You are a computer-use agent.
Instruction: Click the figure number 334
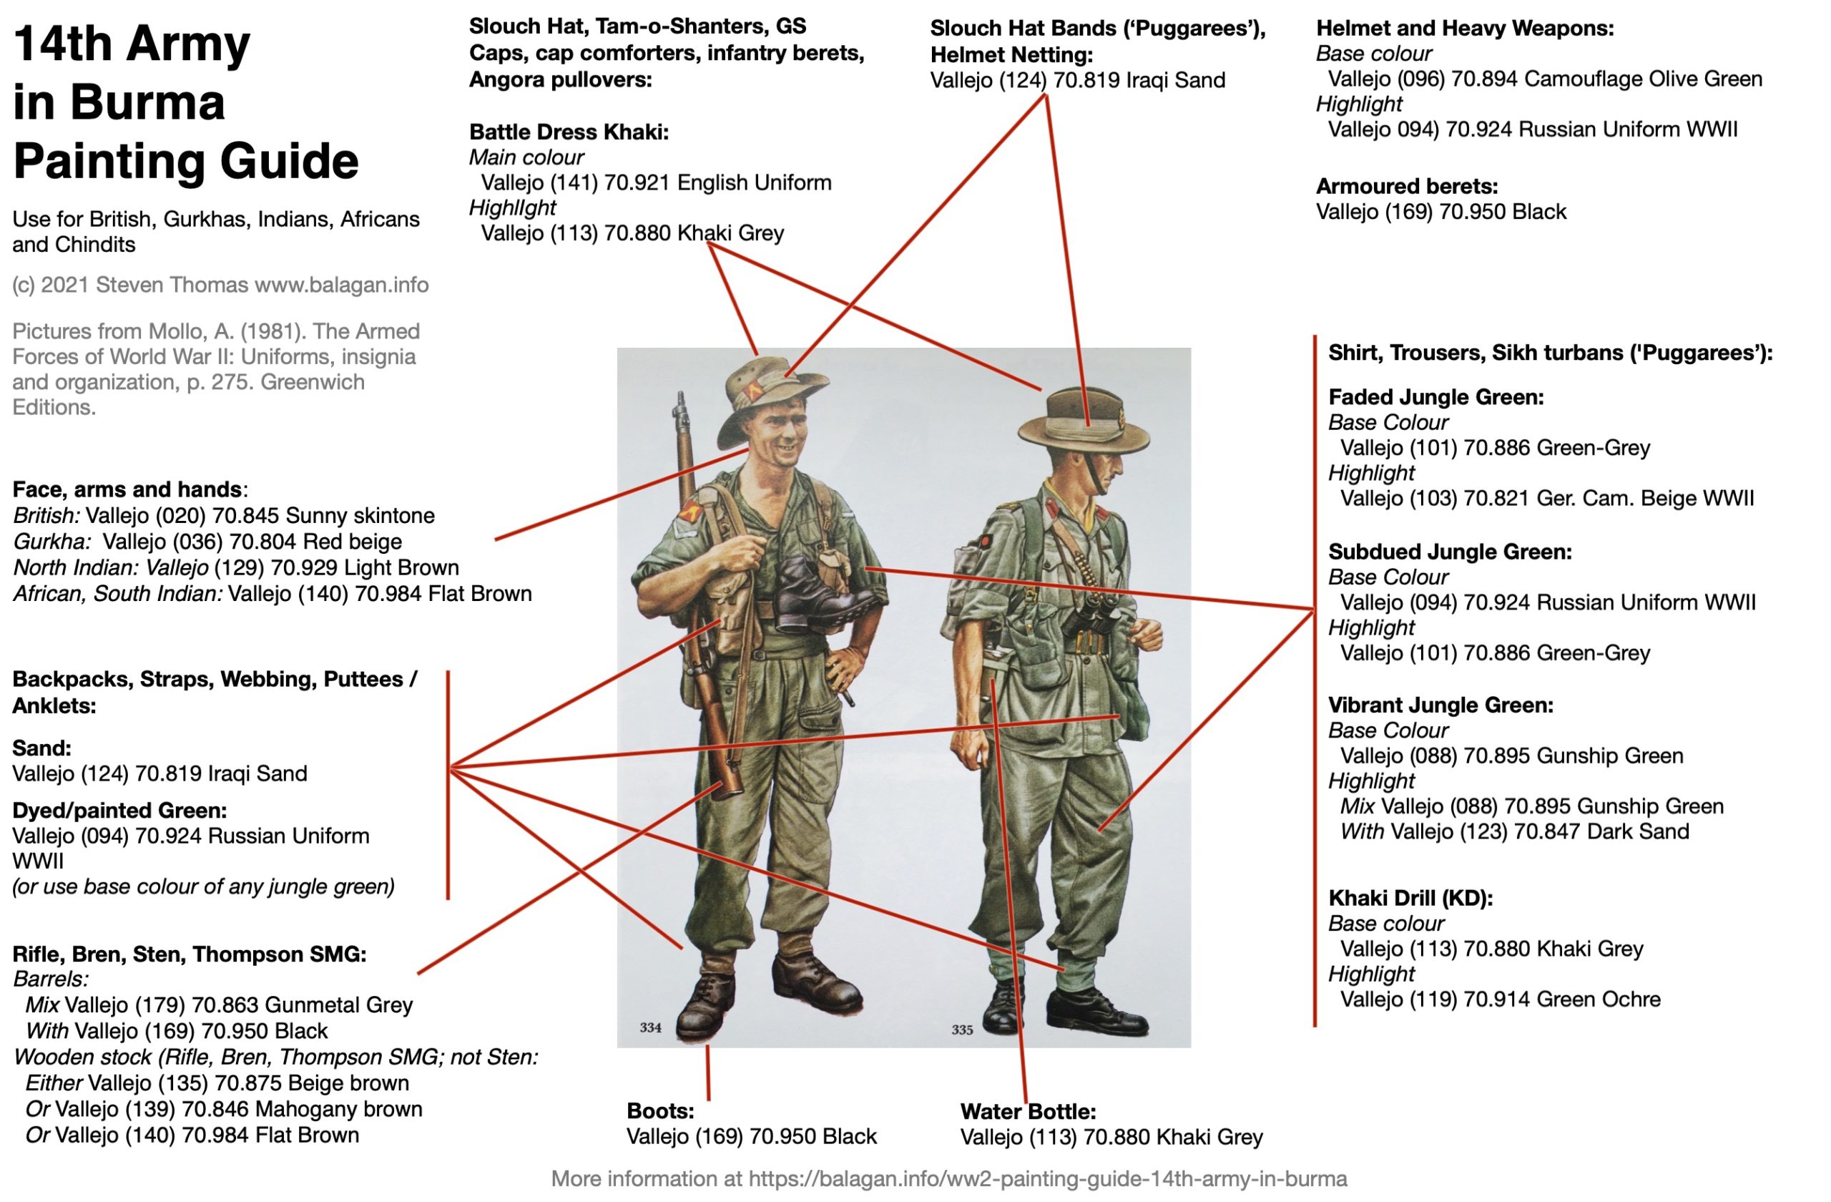(650, 1028)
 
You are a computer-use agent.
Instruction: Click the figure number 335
(963, 1030)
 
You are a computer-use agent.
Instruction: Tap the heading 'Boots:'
(660, 1111)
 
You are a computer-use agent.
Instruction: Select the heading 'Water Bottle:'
(1028, 1112)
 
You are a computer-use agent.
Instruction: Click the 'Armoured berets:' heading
(1407, 186)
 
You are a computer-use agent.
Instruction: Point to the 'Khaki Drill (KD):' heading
(1410, 898)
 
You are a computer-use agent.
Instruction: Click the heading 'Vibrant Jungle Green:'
(1441, 705)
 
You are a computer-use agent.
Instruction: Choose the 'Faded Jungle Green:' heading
(1435, 397)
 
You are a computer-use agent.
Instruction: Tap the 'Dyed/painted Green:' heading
(119, 811)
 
